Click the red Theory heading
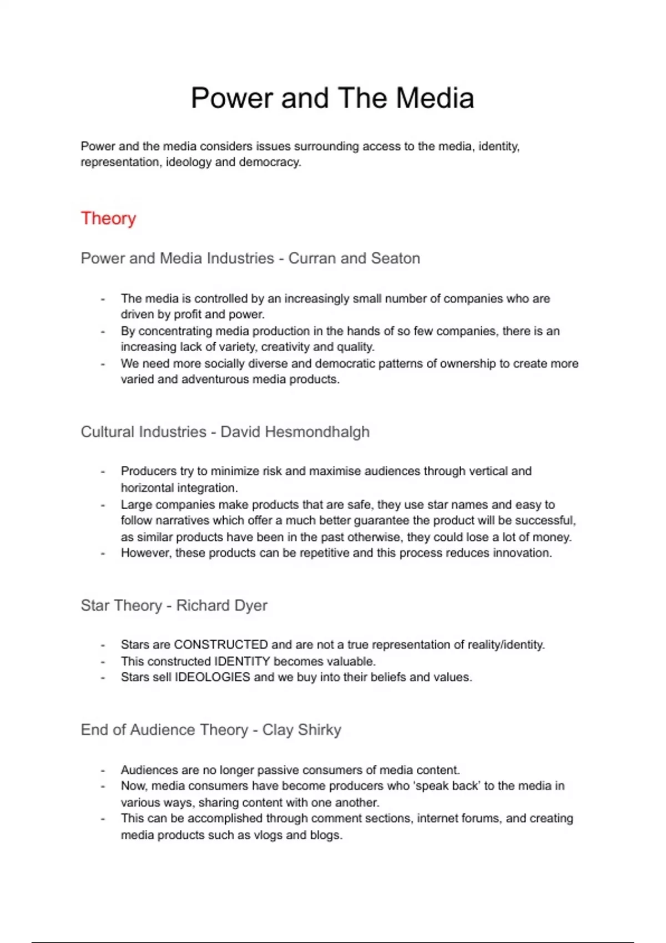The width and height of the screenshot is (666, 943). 108,218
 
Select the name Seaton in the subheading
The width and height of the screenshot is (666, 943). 395,258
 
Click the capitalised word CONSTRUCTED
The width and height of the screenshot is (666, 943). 221,645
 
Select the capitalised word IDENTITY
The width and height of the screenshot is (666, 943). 242,661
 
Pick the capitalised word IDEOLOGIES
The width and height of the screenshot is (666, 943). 213,677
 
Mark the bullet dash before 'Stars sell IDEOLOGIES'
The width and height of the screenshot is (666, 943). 103,678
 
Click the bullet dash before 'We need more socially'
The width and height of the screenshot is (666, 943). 103,364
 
